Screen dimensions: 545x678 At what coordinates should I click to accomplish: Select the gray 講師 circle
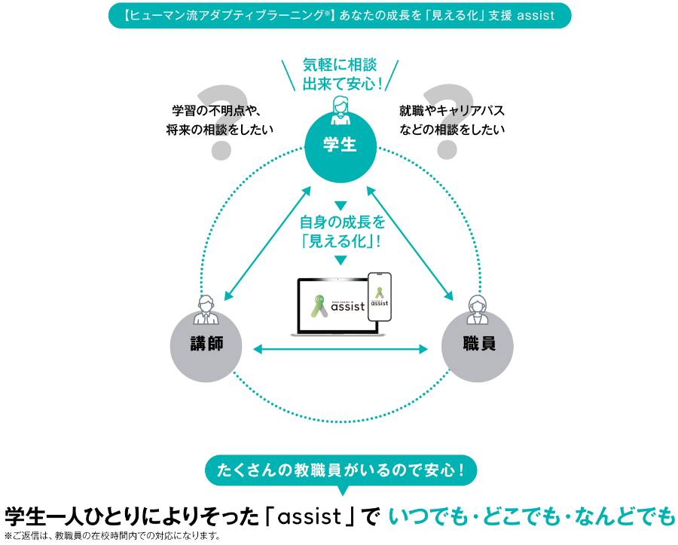tap(206, 346)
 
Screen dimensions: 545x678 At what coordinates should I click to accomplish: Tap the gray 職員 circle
tap(478, 346)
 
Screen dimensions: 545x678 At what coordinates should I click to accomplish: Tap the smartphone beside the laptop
tap(380, 296)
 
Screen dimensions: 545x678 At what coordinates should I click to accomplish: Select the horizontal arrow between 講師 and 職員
tap(341, 349)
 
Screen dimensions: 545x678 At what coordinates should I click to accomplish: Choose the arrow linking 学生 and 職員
tap(415, 243)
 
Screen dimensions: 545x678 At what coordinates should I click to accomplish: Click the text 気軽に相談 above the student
tap(341, 66)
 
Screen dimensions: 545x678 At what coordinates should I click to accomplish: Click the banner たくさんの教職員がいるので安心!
tap(341, 470)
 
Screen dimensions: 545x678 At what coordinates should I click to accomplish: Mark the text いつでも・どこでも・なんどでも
tap(532, 517)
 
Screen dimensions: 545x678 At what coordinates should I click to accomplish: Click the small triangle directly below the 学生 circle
tap(341, 205)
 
